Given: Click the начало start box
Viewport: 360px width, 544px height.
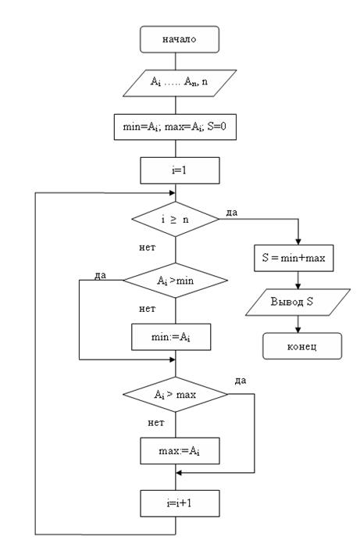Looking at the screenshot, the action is click(180, 39).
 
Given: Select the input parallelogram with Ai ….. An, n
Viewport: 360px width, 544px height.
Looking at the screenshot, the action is click(180, 83).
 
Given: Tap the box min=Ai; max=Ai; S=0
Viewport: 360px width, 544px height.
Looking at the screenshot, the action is click(175, 127).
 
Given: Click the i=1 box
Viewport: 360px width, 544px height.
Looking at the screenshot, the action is click(180, 170).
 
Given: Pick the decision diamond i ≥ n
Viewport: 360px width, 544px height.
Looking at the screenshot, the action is click(176, 220).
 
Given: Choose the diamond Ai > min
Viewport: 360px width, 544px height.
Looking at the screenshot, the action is click(176, 281).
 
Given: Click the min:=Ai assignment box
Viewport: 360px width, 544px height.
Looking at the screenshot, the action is click(171, 337).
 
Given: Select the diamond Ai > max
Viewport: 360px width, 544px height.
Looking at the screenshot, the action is click(176, 394).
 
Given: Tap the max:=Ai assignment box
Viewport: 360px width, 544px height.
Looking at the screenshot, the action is click(180, 451).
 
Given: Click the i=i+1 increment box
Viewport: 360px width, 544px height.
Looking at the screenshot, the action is click(180, 503).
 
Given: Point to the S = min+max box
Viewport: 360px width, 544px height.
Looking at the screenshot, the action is click(294, 258).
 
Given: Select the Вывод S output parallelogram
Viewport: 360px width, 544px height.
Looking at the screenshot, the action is click(298, 302).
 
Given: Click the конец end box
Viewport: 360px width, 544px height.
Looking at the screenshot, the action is click(302, 346).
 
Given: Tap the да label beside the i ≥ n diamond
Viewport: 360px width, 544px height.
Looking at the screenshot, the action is click(232, 213).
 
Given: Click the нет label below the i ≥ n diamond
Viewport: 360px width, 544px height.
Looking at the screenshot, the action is click(148, 247).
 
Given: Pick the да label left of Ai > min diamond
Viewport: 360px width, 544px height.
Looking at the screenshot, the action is click(101, 275).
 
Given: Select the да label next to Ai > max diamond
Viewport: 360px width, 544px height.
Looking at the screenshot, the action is click(241, 381).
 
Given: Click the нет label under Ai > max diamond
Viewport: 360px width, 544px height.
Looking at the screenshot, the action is click(156, 423).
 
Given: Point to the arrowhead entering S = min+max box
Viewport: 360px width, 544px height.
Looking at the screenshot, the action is click(298, 242).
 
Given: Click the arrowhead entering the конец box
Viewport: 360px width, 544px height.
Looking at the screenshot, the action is click(298, 330).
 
